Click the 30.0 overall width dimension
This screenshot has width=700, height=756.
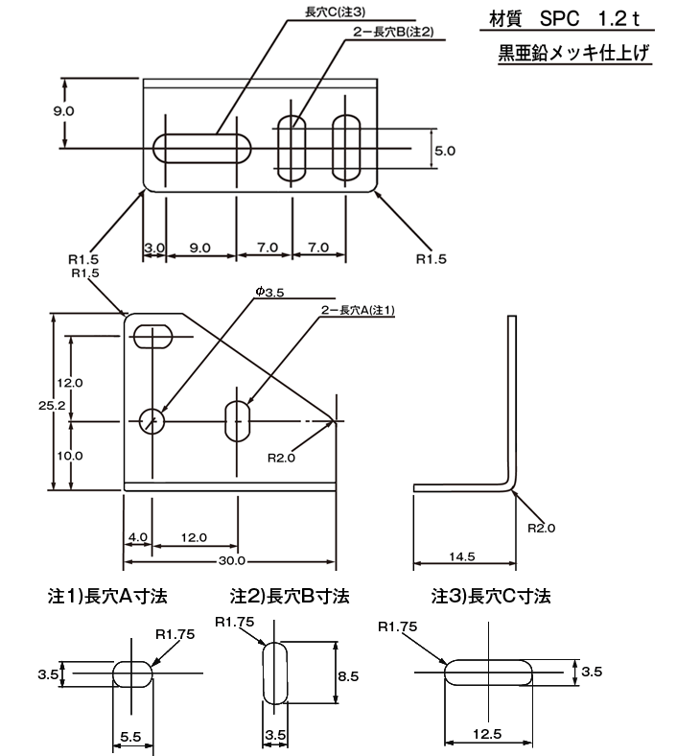232,560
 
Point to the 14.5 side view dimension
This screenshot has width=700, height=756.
463,555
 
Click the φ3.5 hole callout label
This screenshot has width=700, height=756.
270,292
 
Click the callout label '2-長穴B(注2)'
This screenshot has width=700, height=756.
394,32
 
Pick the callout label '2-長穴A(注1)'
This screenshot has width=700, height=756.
358,310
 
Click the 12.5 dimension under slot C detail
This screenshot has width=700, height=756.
487,734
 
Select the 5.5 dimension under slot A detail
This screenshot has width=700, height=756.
131,736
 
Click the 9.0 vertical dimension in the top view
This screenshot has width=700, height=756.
63,111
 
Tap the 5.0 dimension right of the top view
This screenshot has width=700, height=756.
445,151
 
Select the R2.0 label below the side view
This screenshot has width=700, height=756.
541,528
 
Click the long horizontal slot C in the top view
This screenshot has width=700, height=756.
202,149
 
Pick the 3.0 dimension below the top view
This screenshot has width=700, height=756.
154,248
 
